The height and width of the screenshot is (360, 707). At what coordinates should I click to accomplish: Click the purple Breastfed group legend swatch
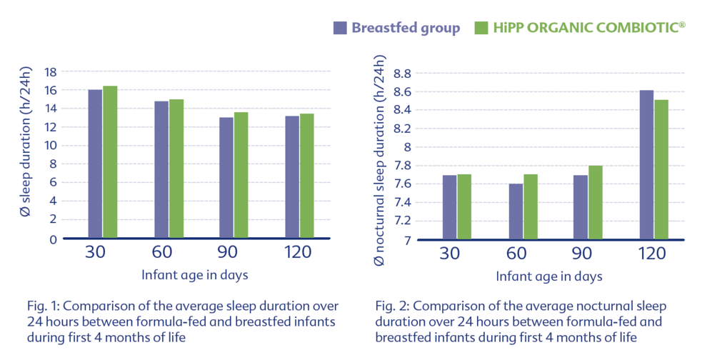tap(340, 28)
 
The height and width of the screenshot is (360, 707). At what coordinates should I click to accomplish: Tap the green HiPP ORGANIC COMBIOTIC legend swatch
tap(481, 28)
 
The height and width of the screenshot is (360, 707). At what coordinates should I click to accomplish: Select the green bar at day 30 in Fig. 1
tap(110, 161)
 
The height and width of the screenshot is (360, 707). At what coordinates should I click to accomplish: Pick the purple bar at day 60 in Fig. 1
tap(161, 169)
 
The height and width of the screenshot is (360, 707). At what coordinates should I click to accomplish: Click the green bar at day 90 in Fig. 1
tap(241, 175)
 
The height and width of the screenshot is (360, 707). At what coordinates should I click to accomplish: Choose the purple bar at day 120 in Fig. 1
tap(292, 177)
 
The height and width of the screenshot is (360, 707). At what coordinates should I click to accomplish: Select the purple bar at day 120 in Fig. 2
tap(646, 165)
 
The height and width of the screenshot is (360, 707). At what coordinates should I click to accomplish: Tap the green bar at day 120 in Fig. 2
tap(661, 169)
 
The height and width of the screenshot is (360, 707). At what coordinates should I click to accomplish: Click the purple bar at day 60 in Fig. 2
tap(516, 211)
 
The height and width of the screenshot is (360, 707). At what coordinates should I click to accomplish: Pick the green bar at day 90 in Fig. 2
tap(595, 203)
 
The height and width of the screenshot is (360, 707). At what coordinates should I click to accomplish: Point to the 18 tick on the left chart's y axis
tap(51, 71)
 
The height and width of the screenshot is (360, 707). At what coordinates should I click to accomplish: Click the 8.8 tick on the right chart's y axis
tap(403, 73)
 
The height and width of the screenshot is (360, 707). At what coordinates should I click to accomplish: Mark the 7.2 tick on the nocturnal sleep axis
tap(403, 221)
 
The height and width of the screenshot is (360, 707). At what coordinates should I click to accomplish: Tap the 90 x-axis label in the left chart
tap(227, 251)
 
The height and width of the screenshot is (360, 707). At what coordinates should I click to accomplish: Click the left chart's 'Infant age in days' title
tap(195, 275)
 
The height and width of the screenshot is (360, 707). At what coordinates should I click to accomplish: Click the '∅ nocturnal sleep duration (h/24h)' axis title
tap(380, 160)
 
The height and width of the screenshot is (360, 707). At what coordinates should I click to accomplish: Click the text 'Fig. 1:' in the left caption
tap(43, 306)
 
